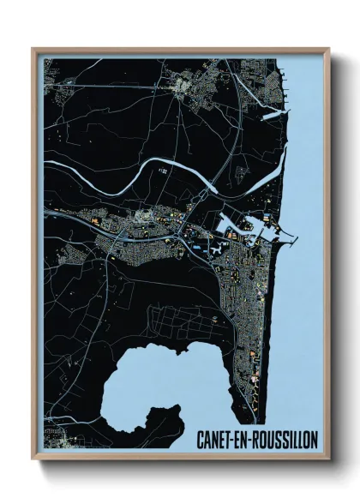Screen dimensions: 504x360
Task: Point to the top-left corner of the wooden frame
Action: tap(33, 50)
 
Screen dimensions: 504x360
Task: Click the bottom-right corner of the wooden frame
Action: tap(328, 459)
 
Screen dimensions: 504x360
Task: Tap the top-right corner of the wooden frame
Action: tap(328, 50)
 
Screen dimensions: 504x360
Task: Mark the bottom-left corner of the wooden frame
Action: tap(33, 459)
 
